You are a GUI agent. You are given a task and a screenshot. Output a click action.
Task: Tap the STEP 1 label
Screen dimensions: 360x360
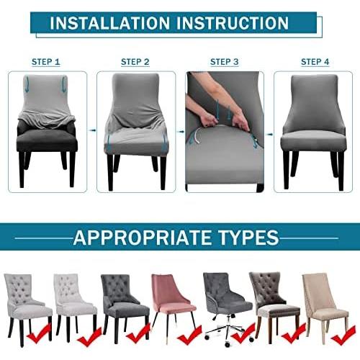(x=46, y=62)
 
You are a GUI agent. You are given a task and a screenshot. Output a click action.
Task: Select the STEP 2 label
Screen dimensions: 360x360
(x=135, y=62)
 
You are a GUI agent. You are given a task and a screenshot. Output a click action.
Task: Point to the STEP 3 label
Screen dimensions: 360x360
(x=225, y=62)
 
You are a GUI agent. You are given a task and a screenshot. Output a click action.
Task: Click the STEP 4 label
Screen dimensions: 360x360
(x=315, y=62)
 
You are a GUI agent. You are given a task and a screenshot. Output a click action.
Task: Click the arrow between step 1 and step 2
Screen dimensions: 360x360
(x=91, y=130)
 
